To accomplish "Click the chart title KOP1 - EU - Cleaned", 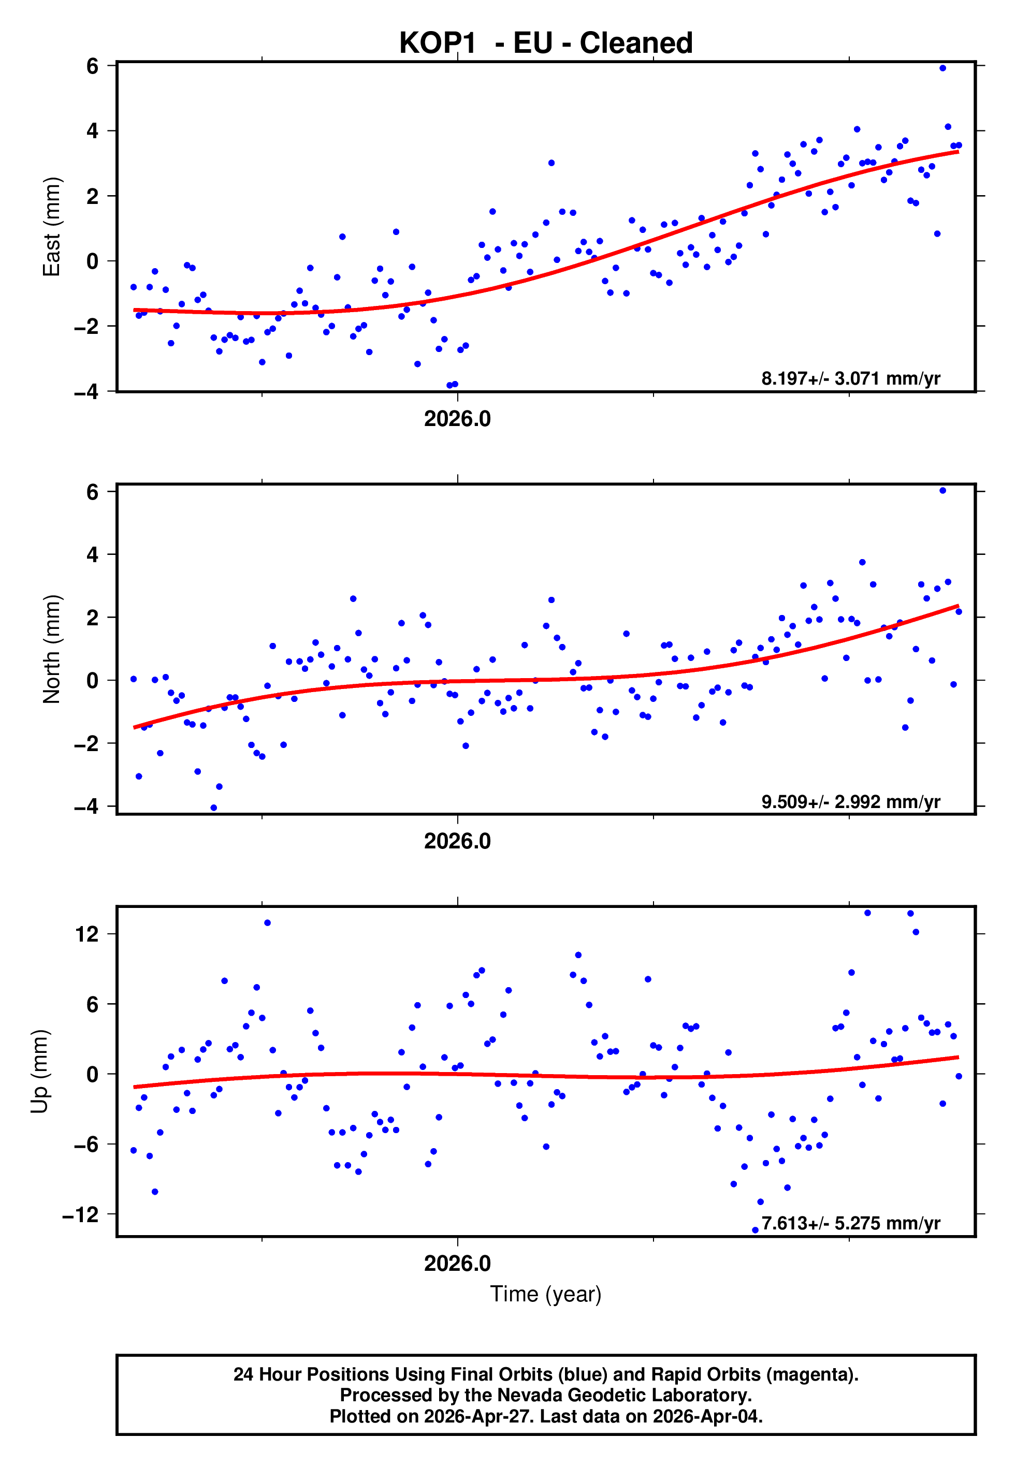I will (x=546, y=43).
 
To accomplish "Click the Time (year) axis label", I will (x=546, y=1294).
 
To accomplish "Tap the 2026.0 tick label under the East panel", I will (x=457, y=419).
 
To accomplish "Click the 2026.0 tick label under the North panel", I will (x=457, y=842).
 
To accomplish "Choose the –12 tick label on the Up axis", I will (x=80, y=1214).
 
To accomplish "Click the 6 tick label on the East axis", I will (x=92, y=66).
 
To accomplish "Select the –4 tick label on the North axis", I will (x=86, y=806).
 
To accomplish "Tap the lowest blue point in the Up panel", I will (x=755, y=1230).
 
